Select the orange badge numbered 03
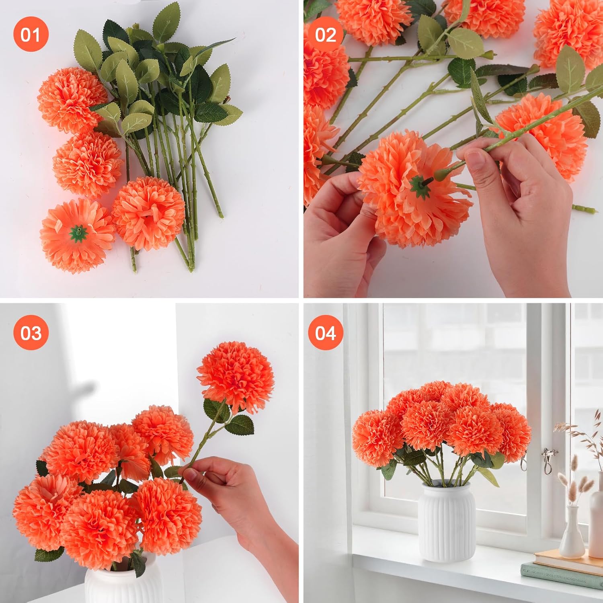coord(31,332)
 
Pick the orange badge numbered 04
coord(325,332)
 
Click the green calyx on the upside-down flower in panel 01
coord(78,232)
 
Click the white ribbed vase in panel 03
coord(121,583)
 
